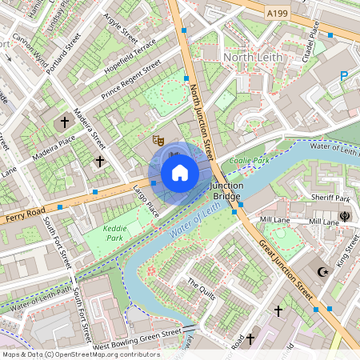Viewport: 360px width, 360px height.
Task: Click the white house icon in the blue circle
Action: click(x=180, y=173)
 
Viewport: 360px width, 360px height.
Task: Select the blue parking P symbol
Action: click(x=344, y=76)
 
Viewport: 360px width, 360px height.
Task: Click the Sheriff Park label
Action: click(x=331, y=198)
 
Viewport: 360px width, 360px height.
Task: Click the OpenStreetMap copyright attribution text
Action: click(x=80, y=354)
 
